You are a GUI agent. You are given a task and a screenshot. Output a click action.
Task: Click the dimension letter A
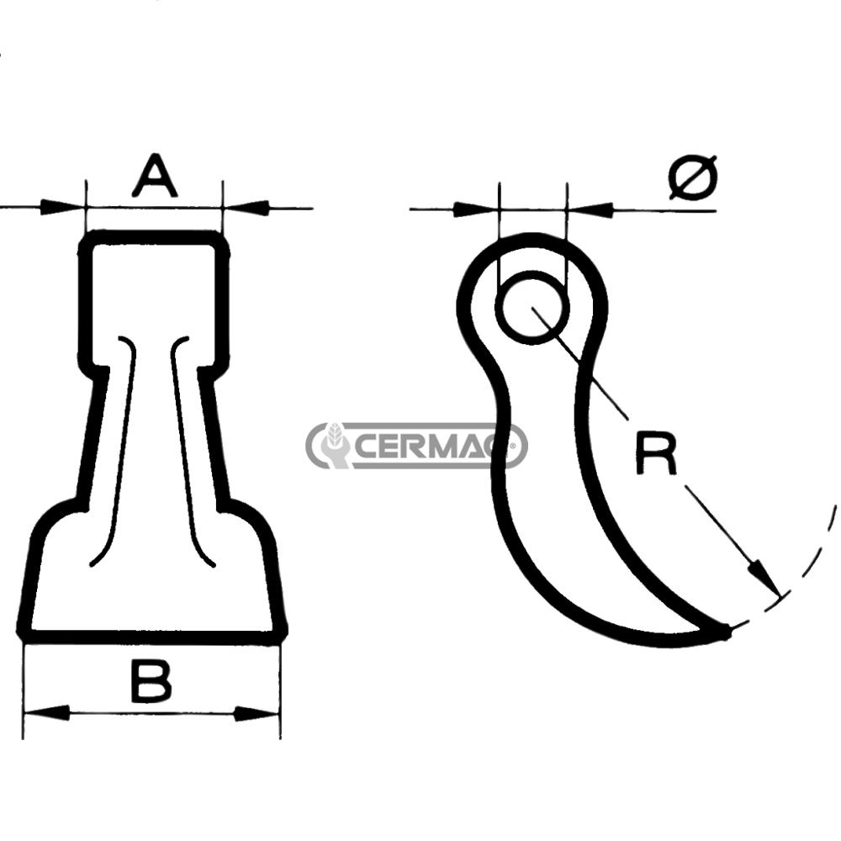coord(155,176)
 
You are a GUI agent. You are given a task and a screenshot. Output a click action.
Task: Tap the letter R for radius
coord(655,455)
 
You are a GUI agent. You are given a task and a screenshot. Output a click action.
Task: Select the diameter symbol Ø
coord(694,177)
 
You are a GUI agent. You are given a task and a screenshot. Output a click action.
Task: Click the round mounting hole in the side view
coord(532,308)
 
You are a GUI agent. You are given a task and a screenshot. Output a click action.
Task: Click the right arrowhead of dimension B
coord(257,713)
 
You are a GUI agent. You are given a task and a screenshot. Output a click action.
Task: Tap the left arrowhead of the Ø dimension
coord(475,209)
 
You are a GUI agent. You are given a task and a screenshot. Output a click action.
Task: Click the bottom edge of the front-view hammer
coord(151,635)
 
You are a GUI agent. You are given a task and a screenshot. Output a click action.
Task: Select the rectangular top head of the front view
coord(154,294)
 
